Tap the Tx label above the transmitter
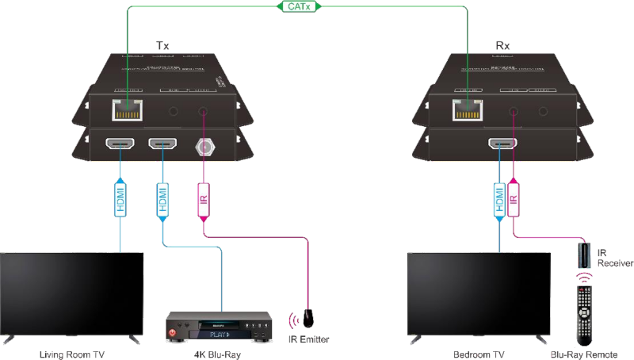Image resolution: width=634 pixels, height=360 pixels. (x=166, y=46)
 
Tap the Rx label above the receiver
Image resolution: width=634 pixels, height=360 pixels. (x=502, y=46)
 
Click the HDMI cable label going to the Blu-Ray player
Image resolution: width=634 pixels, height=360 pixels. (x=162, y=197)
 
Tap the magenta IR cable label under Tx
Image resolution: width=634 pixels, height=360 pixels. (x=203, y=198)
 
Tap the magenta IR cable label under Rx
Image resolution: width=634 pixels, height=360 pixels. (x=514, y=198)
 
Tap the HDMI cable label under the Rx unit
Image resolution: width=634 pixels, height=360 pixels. (x=499, y=198)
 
